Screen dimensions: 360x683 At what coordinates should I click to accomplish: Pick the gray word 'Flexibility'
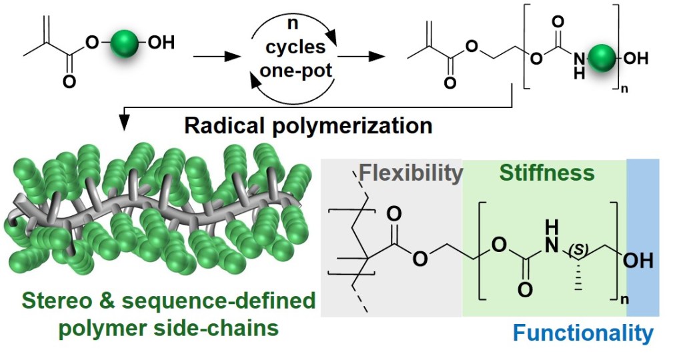[x=410, y=173]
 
